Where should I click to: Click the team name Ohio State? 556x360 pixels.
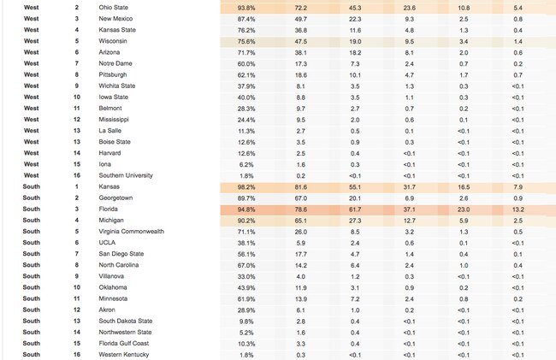[114, 8]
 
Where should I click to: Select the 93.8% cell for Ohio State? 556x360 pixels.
[246, 8]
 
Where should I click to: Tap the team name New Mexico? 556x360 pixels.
[115, 19]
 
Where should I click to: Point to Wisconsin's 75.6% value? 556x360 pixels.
[246, 41]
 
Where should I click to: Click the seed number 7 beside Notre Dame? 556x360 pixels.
[77, 63]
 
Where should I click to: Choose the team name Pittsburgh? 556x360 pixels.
[113, 74]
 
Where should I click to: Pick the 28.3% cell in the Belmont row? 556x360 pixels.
[246, 109]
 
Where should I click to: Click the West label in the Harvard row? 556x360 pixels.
[31, 153]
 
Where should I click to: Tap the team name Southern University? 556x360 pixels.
[126, 175]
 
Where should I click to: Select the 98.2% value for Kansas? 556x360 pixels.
[246, 187]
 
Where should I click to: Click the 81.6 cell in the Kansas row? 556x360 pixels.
[301, 187]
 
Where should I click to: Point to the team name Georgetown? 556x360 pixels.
[115, 198]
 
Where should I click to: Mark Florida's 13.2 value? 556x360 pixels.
[518, 210]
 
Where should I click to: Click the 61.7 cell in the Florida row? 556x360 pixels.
[355, 210]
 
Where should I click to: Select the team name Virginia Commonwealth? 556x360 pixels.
[131, 232]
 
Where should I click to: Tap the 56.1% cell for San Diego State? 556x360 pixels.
[246, 255]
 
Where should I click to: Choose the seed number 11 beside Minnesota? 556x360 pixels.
[77, 298]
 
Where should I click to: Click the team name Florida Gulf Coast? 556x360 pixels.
[124, 344]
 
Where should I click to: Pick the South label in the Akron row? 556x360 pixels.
[31, 310]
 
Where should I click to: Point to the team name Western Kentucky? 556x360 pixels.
[124, 355]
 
